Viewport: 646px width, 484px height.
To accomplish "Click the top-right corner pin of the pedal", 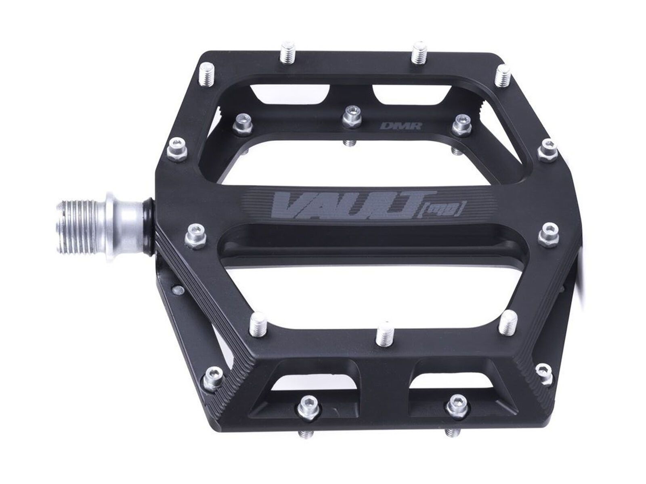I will pos(502,76).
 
